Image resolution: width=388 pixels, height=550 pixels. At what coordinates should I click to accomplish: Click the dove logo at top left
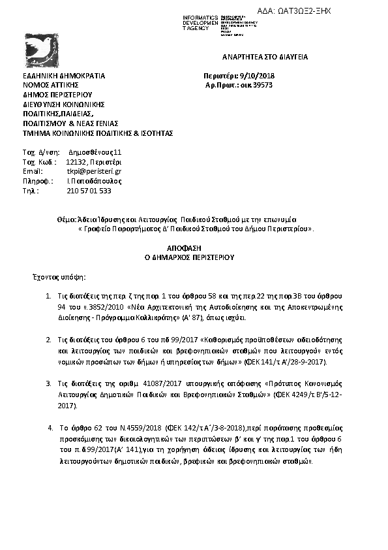point(40,49)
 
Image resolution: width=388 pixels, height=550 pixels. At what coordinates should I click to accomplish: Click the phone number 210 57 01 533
point(89,191)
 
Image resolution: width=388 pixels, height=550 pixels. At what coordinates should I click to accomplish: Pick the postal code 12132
point(76,162)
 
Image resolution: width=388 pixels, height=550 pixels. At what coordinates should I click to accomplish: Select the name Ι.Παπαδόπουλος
point(95,181)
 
